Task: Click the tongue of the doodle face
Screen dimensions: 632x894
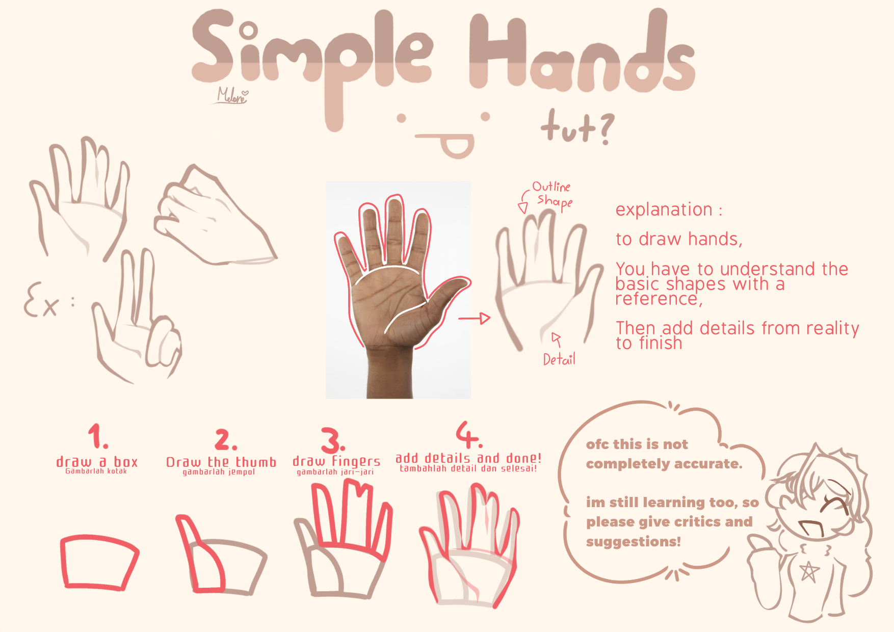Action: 457,147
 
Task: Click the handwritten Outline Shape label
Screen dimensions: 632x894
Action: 553,195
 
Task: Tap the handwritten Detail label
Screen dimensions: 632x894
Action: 559,360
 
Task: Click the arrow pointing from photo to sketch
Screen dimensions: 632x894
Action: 474,319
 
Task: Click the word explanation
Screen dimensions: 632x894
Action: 664,209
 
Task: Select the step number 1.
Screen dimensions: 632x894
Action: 97,437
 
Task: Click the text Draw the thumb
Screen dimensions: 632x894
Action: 221,462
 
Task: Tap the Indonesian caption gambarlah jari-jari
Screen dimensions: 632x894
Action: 335,472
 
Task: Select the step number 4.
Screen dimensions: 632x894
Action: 468,434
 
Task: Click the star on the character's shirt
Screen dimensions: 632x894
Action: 809,571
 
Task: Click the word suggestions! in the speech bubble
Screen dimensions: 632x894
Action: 633,541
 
